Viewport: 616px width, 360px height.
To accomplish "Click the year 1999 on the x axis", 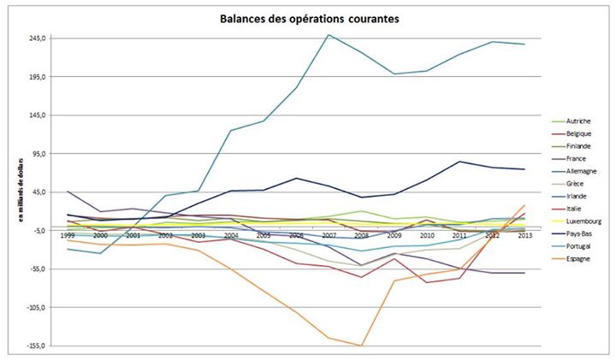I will click(68, 235).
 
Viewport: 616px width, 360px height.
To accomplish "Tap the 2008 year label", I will click(361, 235).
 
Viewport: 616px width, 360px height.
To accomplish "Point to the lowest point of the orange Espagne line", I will click(362, 345).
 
